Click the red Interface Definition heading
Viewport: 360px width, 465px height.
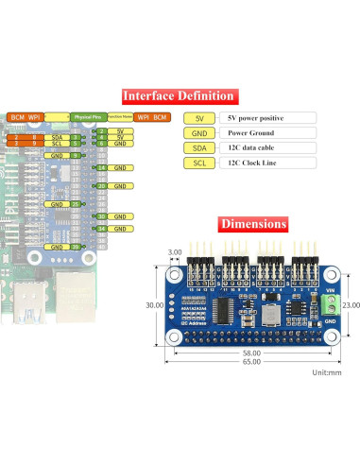coord(179,96)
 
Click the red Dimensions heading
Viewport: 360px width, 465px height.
coord(252,224)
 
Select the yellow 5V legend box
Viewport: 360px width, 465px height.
coord(199,118)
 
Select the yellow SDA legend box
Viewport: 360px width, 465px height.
coord(199,148)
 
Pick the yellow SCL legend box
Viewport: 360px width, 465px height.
coord(199,164)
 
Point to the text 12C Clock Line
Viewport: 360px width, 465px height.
coord(250,164)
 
